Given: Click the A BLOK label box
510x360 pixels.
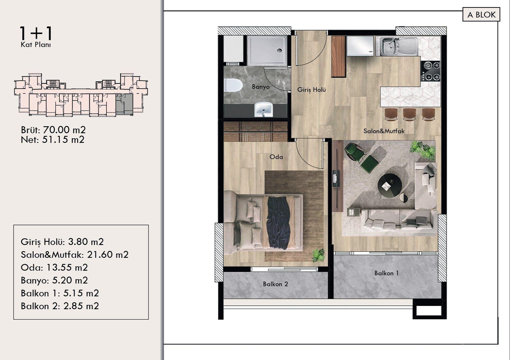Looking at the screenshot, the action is click(x=481, y=15).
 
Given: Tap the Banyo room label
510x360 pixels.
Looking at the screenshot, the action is click(x=261, y=87).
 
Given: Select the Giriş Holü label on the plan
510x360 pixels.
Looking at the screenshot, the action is click(x=311, y=90).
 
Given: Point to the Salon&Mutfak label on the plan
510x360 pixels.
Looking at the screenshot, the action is click(x=384, y=131).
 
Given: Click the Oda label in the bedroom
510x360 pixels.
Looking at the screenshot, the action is click(x=276, y=157).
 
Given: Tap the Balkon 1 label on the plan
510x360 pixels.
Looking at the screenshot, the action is click(x=386, y=273).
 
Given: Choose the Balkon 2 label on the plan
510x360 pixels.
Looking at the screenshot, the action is click(x=275, y=284).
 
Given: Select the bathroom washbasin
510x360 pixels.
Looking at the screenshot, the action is click(x=264, y=109).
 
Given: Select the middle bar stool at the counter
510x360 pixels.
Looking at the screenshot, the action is click(x=409, y=114).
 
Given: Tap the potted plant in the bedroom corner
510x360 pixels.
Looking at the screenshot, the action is click(x=318, y=255).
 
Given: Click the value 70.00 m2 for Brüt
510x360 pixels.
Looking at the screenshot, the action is click(x=64, y=130).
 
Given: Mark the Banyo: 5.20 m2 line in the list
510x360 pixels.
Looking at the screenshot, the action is click(x=54, y=280).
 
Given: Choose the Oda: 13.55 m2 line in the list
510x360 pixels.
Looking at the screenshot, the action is click(x=54, y=267).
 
